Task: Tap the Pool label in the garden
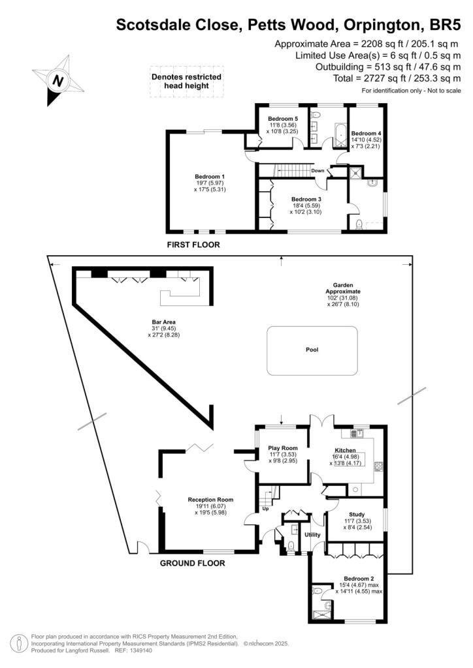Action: point(312,350)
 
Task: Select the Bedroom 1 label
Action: point(210,176)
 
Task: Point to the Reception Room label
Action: point(211,500)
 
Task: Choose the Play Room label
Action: point(283,448)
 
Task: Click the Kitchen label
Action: point(345,450)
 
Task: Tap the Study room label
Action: point(357,515)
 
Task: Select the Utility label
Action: point(312,535)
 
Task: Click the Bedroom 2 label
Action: point(359,579)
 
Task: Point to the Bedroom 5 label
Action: point(283,119)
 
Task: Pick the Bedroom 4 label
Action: point(366,133)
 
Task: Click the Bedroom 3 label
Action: point(306,200)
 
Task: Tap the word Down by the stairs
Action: point(318,171)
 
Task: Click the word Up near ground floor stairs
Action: point(265,509)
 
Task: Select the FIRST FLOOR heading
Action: point(193,245)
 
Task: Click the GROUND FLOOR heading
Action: point(192,563)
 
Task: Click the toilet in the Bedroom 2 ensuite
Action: point(316,591)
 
